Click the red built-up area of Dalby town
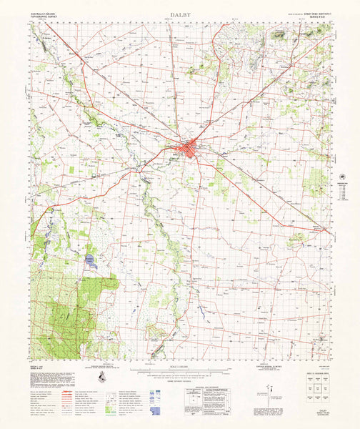click(189, 149)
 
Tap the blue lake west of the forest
click(90, 262)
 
